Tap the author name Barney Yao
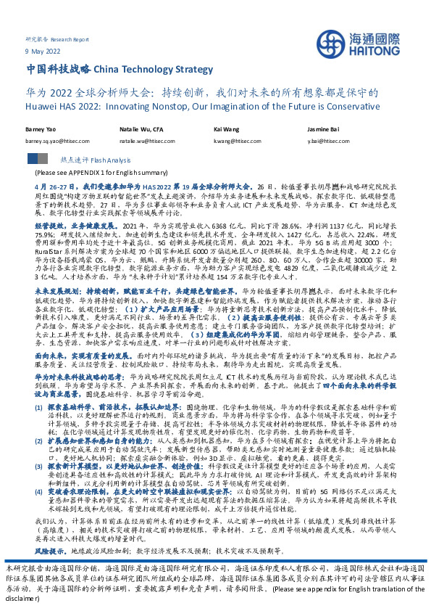[x=41, y=128]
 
